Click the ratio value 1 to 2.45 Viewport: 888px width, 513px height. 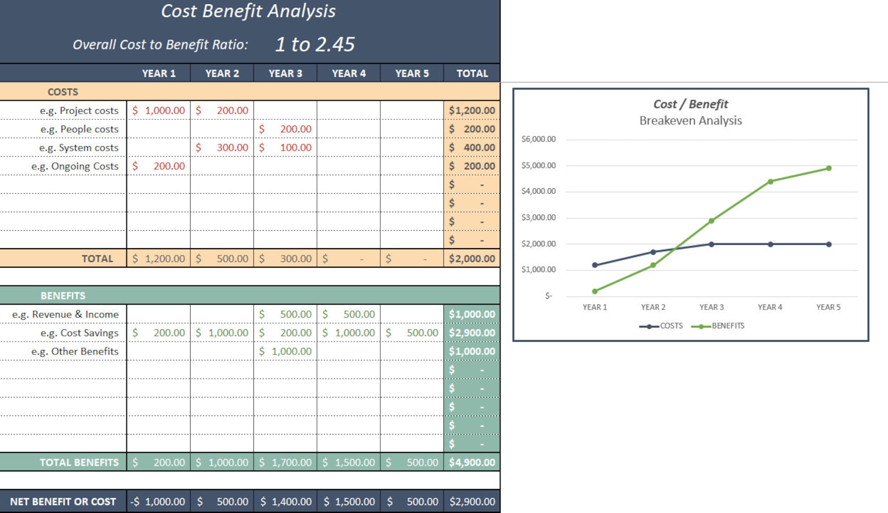pyautogui.click(x=315, y=45)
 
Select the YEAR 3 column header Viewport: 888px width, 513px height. pyautogui.click(x=285, y=73)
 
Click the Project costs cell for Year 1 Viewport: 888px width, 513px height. pyautogui.click(x=159, y=110)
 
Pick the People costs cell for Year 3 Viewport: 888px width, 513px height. pyautogui.click(x=285, y=129)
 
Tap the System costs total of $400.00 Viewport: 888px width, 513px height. pyautogui.click(x=472, y=147)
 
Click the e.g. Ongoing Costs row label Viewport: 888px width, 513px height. pyautogui.click(x=75, y=166)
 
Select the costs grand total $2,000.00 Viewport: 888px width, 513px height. pyautogui.click(x=472, y=259)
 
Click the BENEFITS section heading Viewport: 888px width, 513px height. pyautogui.click(x=63, y=296)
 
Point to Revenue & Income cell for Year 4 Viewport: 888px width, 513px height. pyautogui.click(x=348, y=314)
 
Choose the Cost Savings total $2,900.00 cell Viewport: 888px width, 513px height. pyautogui.click(x=472, y=333)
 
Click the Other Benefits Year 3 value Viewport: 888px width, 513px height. pyautogui.click(x=285, y=351)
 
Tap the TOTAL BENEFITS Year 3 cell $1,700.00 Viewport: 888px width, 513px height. pyautogui.click(x=285, y=463)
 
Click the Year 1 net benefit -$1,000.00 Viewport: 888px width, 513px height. pyautogui.click(x=158, y=502)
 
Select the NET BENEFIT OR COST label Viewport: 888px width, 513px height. pyautogui.click(x=63, y=502)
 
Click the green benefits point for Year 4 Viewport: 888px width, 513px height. pyautogui.click(x=771, y=181)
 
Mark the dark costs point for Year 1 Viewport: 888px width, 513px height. pyautogui.click(x=594, y=265)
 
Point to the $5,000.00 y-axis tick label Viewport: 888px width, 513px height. pyautogui.click(x=539, y=166)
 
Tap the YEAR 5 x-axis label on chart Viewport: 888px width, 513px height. pyautogui.click(x=828, y=307)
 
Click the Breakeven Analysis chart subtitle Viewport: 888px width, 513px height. pyautogui.click(x=691, y=120)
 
